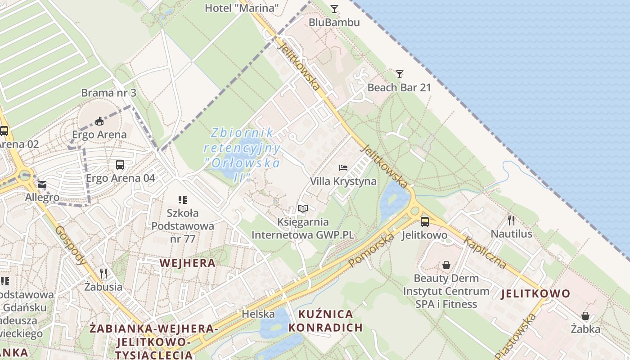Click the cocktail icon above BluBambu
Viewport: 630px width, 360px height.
(334, 9)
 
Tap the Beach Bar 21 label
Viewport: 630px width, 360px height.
(399, 87)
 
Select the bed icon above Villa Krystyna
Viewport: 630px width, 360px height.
(343, 168)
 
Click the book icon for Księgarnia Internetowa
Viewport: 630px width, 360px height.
(303, 208)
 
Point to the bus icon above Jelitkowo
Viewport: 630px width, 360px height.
(424, 221)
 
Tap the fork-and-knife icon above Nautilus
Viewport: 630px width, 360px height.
(511, 220)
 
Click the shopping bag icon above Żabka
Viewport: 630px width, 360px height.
(585, 316)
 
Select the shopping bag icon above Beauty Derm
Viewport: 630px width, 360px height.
(446, 265)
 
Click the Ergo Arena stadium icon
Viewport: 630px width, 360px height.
(99, 121)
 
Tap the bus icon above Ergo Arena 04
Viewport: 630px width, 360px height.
(120, 165)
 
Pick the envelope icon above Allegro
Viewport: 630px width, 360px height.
(42, 184)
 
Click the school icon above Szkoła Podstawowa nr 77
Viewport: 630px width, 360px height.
(182, 199)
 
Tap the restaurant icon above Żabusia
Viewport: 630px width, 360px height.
(103, 273)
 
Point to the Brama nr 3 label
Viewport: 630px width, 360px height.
(108, 93)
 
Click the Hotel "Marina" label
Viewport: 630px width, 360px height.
(242, 8)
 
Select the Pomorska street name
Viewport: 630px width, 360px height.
(371, 249)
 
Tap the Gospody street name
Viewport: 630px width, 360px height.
(71, 245)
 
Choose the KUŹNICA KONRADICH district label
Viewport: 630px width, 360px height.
(325, 320)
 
